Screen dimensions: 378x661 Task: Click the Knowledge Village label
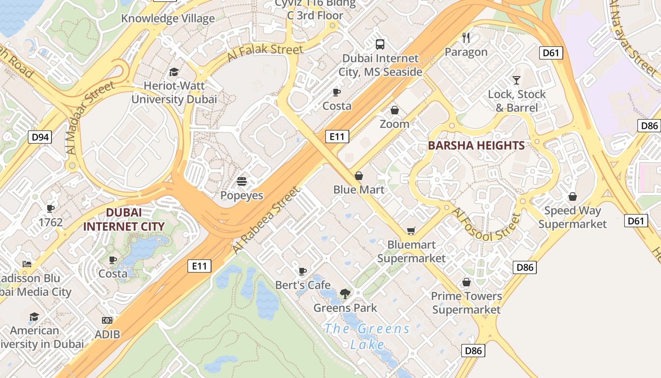pyautogui.click(x=168, y=18)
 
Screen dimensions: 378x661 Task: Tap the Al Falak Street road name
pyautogui.click(x=265, y=52)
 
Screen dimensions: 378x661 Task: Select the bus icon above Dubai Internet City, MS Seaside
pyautogui.click(x=380, y=44)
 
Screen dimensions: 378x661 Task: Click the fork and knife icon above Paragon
pyautogui.click(x=466, y=38)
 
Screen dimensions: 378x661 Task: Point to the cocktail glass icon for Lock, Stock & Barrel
pyautogui.click(x=517, y=80)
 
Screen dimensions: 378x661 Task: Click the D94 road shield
pyautogui.click(x=40, y=137)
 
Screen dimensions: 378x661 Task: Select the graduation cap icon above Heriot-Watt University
pyautogui.click(x=174, y=72)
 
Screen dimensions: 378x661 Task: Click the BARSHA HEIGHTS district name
pyautogui.click(x=476, y=146)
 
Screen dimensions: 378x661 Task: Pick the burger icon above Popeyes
pyautogui.click(x=242, y=181)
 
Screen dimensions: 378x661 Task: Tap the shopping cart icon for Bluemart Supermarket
pyautogui.click(x=411, y=231)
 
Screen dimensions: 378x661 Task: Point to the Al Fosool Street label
pyautogui.click(x=487, y=226)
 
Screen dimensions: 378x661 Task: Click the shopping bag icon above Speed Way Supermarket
pyautogui.click(x=572, y=197)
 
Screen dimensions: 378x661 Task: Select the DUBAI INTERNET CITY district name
pyautogui.click(x=124, y=220)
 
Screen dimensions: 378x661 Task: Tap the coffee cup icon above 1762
pyautogui.click(x=51, y=208)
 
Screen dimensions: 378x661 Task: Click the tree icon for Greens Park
pyautogui.click(x=345, y=294)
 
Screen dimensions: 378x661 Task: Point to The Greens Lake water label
pyautogui.click(x=367, y=336)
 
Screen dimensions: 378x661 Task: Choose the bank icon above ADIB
pyautogui.click(x=107, y=320)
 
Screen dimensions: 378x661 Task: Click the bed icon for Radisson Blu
pyautogui.click(x=27, y=264)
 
